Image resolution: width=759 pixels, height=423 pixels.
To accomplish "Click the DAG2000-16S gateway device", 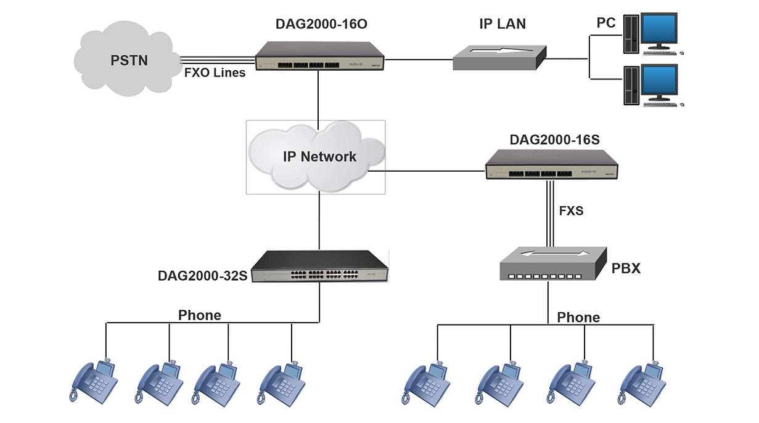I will [551, 164].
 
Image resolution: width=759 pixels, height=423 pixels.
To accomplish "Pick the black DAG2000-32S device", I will [321, 266].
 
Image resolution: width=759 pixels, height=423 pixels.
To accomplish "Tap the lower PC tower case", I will [631, 86].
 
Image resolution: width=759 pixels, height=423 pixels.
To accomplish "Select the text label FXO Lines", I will [215, 73].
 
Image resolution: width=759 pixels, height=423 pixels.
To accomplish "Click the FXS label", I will [571, 211].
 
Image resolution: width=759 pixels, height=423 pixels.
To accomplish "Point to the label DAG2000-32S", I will [202, 275].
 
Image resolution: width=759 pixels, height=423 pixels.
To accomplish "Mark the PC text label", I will [606, 23].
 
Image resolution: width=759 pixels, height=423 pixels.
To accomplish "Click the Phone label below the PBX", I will [578, 317].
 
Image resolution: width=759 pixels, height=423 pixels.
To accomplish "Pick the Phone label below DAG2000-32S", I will [199, 315].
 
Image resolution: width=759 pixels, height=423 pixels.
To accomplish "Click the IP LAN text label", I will [503, 24].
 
